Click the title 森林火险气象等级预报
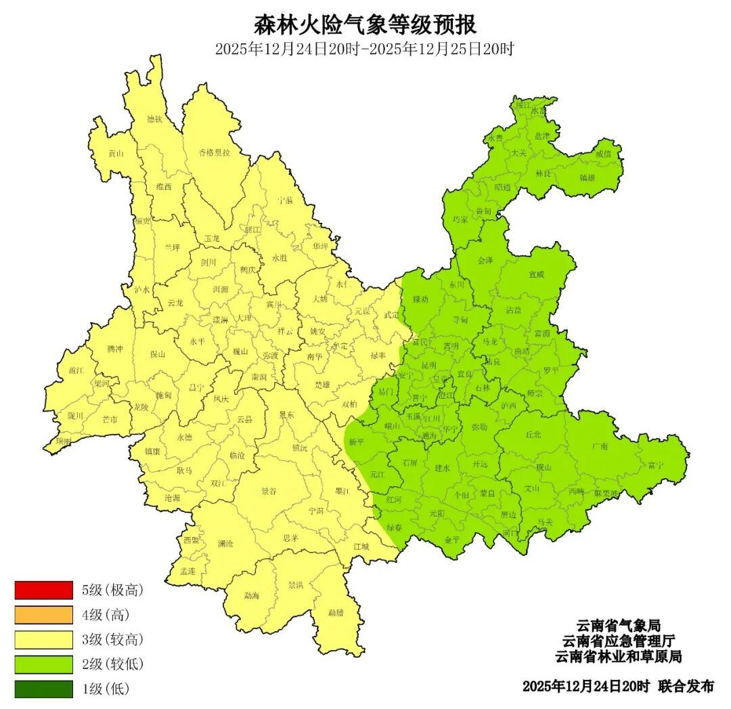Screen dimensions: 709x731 [365, 25]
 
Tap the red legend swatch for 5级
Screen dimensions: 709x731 [43, 590]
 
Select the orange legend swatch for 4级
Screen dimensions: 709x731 [43, 615]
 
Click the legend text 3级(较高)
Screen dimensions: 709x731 [113, 640]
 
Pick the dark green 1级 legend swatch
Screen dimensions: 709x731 [43, 689]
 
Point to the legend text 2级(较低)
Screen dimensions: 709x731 [113, 664]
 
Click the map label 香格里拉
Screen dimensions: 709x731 [215, 152]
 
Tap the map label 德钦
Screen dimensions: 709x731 [155, 119]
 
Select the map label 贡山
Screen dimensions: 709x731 [116, 154]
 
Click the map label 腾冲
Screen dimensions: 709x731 [116, 349]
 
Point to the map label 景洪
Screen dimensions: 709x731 [296, 584]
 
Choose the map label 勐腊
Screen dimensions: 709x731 [336, 613]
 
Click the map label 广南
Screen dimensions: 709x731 [600, 446]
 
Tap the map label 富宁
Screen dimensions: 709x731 [655, 466]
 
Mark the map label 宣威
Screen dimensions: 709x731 [537, 274]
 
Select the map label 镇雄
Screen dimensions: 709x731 [588, 178]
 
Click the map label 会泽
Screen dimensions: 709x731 [485, 260]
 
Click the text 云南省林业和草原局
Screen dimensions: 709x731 [618, 657]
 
